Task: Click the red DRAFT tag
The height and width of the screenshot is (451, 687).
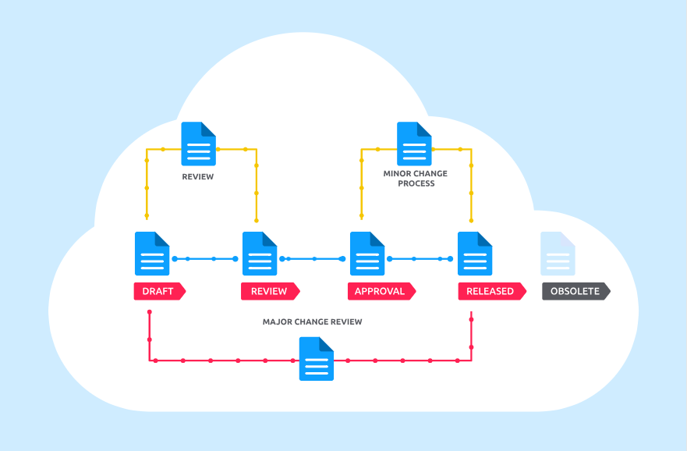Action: (x=158, y=291)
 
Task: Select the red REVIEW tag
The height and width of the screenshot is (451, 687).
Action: (x=269, y=291)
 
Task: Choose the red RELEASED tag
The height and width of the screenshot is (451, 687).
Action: (x=490, y=291)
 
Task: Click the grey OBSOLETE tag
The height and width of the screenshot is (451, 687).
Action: (x=575, y=291)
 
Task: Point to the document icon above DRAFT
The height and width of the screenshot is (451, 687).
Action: (x=152, y=254)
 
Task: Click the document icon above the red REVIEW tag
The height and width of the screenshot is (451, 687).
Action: (x=260, y=254)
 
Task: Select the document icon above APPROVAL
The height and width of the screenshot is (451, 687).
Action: (x=367, y=254)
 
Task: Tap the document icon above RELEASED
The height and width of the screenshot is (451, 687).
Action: (x=475, y=254)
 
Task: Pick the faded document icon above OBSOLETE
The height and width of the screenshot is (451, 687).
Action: (x=558, y=254)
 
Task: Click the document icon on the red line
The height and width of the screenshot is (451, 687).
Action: (x=317, y=359)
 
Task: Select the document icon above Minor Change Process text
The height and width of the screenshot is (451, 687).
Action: (x=414, y=144)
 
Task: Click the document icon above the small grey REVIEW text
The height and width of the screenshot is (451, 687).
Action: (x=198, y=144)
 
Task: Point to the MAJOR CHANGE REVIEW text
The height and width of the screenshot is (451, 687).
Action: (x=312, y=321)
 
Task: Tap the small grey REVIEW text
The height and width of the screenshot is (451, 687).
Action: (x=198, y=177)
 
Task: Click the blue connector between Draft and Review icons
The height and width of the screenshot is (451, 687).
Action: (x=205, y=258)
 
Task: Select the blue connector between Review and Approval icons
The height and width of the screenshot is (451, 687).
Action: (x=313, y=258)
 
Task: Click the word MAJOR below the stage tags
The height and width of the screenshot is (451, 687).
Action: (x=277, y=321)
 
